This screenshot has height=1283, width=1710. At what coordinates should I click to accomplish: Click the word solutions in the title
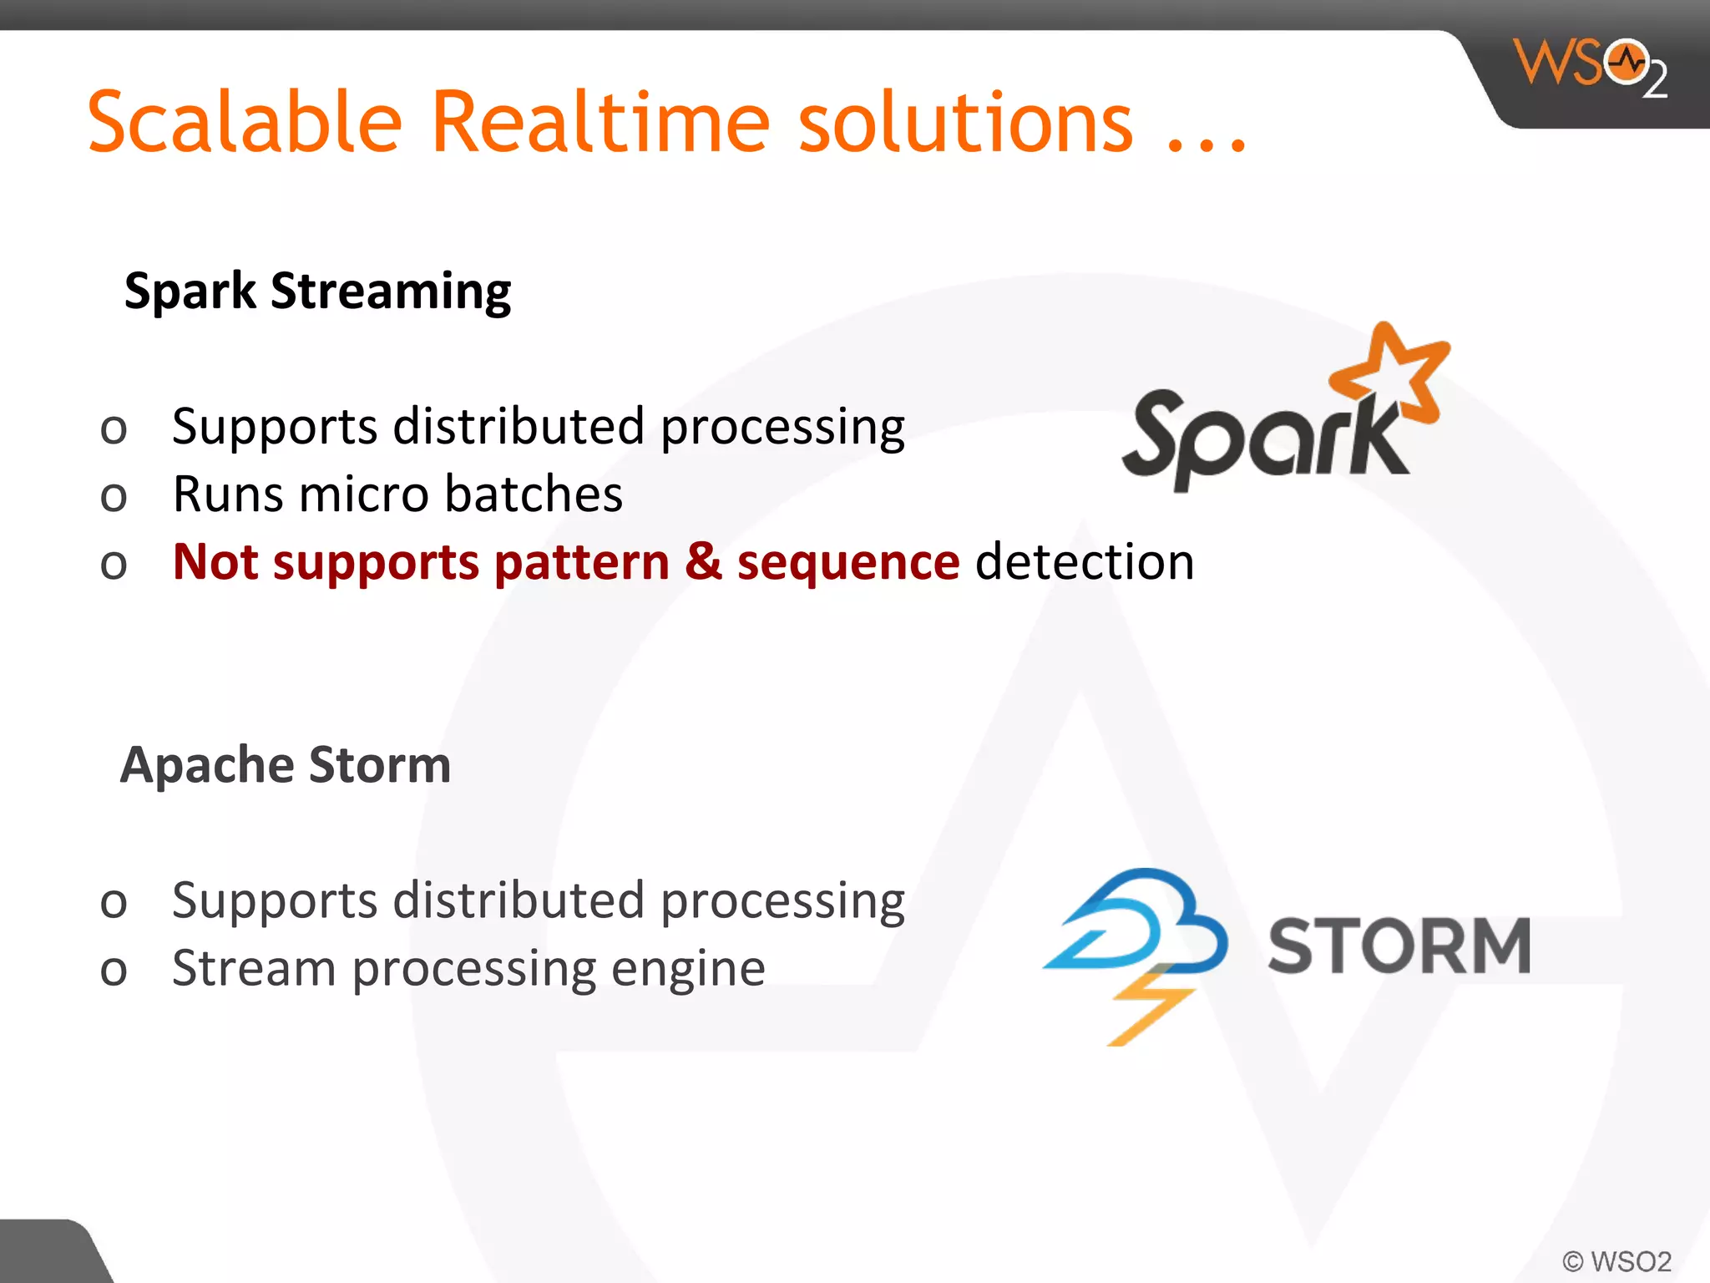(965, 124)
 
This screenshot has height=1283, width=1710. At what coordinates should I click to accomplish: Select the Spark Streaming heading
(317, 292)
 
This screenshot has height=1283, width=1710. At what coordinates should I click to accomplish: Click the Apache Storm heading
(286, 765)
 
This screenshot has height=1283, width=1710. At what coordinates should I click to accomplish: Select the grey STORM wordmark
(1399, 946)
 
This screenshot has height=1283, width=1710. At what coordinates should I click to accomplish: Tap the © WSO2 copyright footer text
(1616, 1260)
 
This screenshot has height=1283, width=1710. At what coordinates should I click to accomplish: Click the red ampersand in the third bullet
(703, 561)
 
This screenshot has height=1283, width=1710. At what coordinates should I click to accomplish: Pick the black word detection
(1084, 561)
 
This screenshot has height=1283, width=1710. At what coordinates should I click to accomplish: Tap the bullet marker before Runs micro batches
(114, 497)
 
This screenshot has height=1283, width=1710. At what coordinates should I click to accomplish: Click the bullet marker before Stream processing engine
(114, 971)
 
